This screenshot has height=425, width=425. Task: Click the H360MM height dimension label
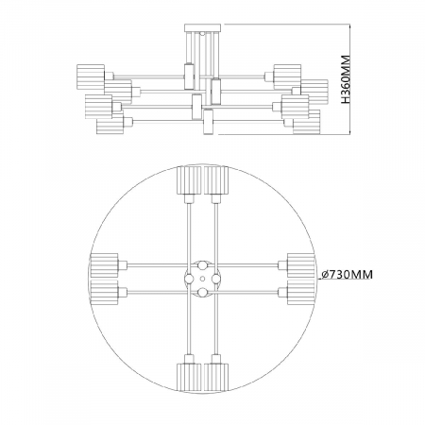(x=346, y=79)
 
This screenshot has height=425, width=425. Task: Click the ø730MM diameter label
(x=347, y=274)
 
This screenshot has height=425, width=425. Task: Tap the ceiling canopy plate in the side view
(x=203, y=27)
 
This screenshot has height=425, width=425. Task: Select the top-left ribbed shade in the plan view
(x=189, y=180)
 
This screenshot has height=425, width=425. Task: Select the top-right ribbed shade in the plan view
(x=216, y=180)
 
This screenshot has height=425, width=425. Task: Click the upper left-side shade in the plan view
(x=104, y=265)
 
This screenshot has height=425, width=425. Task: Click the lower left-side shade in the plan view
(x=104, y=293)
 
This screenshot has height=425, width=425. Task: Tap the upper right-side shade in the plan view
(x=301, y=265)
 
